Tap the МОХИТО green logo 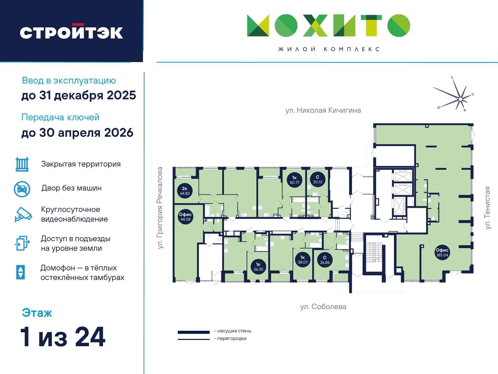pos(329,25)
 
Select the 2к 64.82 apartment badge pos(185,191)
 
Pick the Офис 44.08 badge pos(185,217)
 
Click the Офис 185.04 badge pos(442,252)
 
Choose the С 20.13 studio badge pos(318,179)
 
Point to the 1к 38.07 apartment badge pos(303,260)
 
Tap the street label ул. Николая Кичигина pos(323,110)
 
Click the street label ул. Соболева pos(323,307)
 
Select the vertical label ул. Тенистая pos(488,208)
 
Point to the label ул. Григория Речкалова pos(160,208)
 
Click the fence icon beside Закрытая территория pos(22,164)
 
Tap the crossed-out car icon pos(22,189)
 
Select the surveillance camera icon pos(23,215)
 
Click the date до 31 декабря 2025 pos(79,95)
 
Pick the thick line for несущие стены pos(194,332)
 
